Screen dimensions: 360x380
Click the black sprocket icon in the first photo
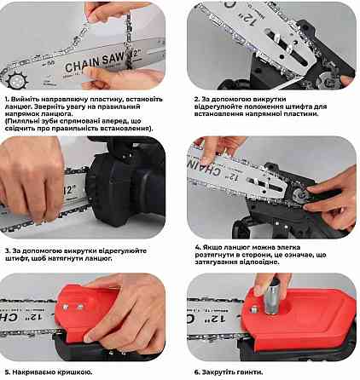pos(17,80)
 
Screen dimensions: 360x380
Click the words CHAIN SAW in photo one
pos(95,61)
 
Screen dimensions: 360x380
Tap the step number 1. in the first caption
pos(8,100)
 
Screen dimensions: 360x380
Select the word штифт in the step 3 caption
pos(15,259)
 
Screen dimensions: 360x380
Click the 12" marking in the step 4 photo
pos(234,176)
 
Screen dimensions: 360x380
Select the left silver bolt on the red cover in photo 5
pos(66,307)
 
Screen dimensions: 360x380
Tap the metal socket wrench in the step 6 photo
pos(272,296)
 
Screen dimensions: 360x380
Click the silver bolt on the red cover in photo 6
pos(253,309)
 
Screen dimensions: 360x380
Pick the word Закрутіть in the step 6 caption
pos(220,372)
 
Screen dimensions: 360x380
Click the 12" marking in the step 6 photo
pos(218,319)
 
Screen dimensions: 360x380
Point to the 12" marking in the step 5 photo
pos(36,316)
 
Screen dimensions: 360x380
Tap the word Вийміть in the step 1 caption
pos(26,100)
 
